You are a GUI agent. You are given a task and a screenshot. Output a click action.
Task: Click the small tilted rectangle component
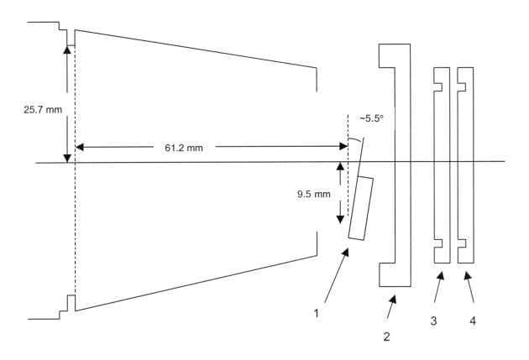coord(360,208)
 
